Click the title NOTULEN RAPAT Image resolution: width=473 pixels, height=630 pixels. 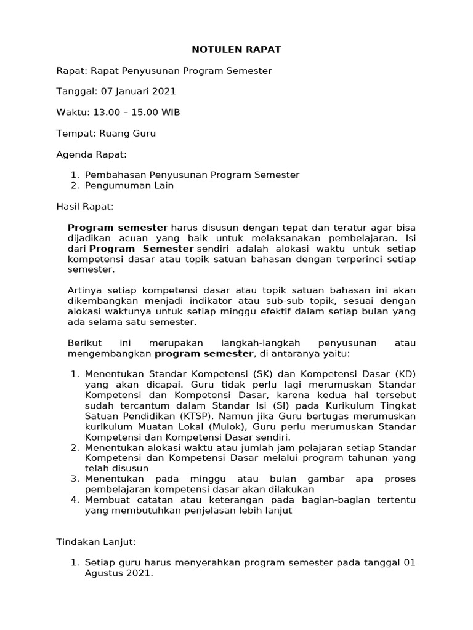236,50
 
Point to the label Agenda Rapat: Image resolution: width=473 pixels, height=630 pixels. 91,154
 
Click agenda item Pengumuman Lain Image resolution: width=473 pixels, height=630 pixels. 129,186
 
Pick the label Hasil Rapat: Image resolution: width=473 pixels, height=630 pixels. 85,207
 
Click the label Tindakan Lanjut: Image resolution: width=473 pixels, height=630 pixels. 95,542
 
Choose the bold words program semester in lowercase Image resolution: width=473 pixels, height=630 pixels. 203,353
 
